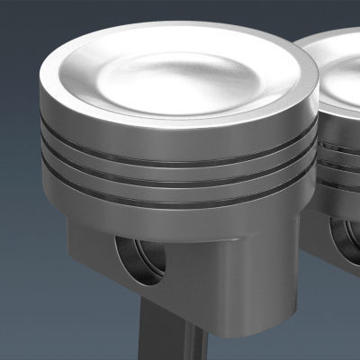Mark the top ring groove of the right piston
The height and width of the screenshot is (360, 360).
point(342,144)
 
